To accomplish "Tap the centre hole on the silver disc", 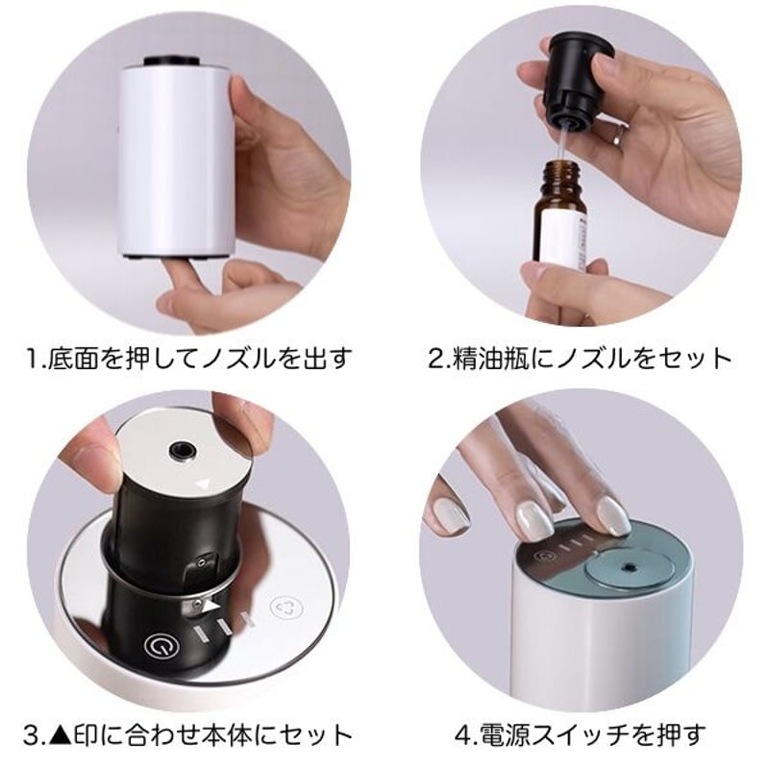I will point(179,449).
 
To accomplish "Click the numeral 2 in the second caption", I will point(434,360).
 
